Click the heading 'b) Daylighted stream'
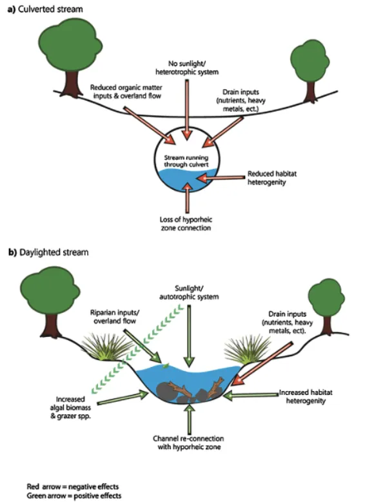(44, 252)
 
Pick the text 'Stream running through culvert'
(186, 160)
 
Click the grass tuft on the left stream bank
(105, 348)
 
